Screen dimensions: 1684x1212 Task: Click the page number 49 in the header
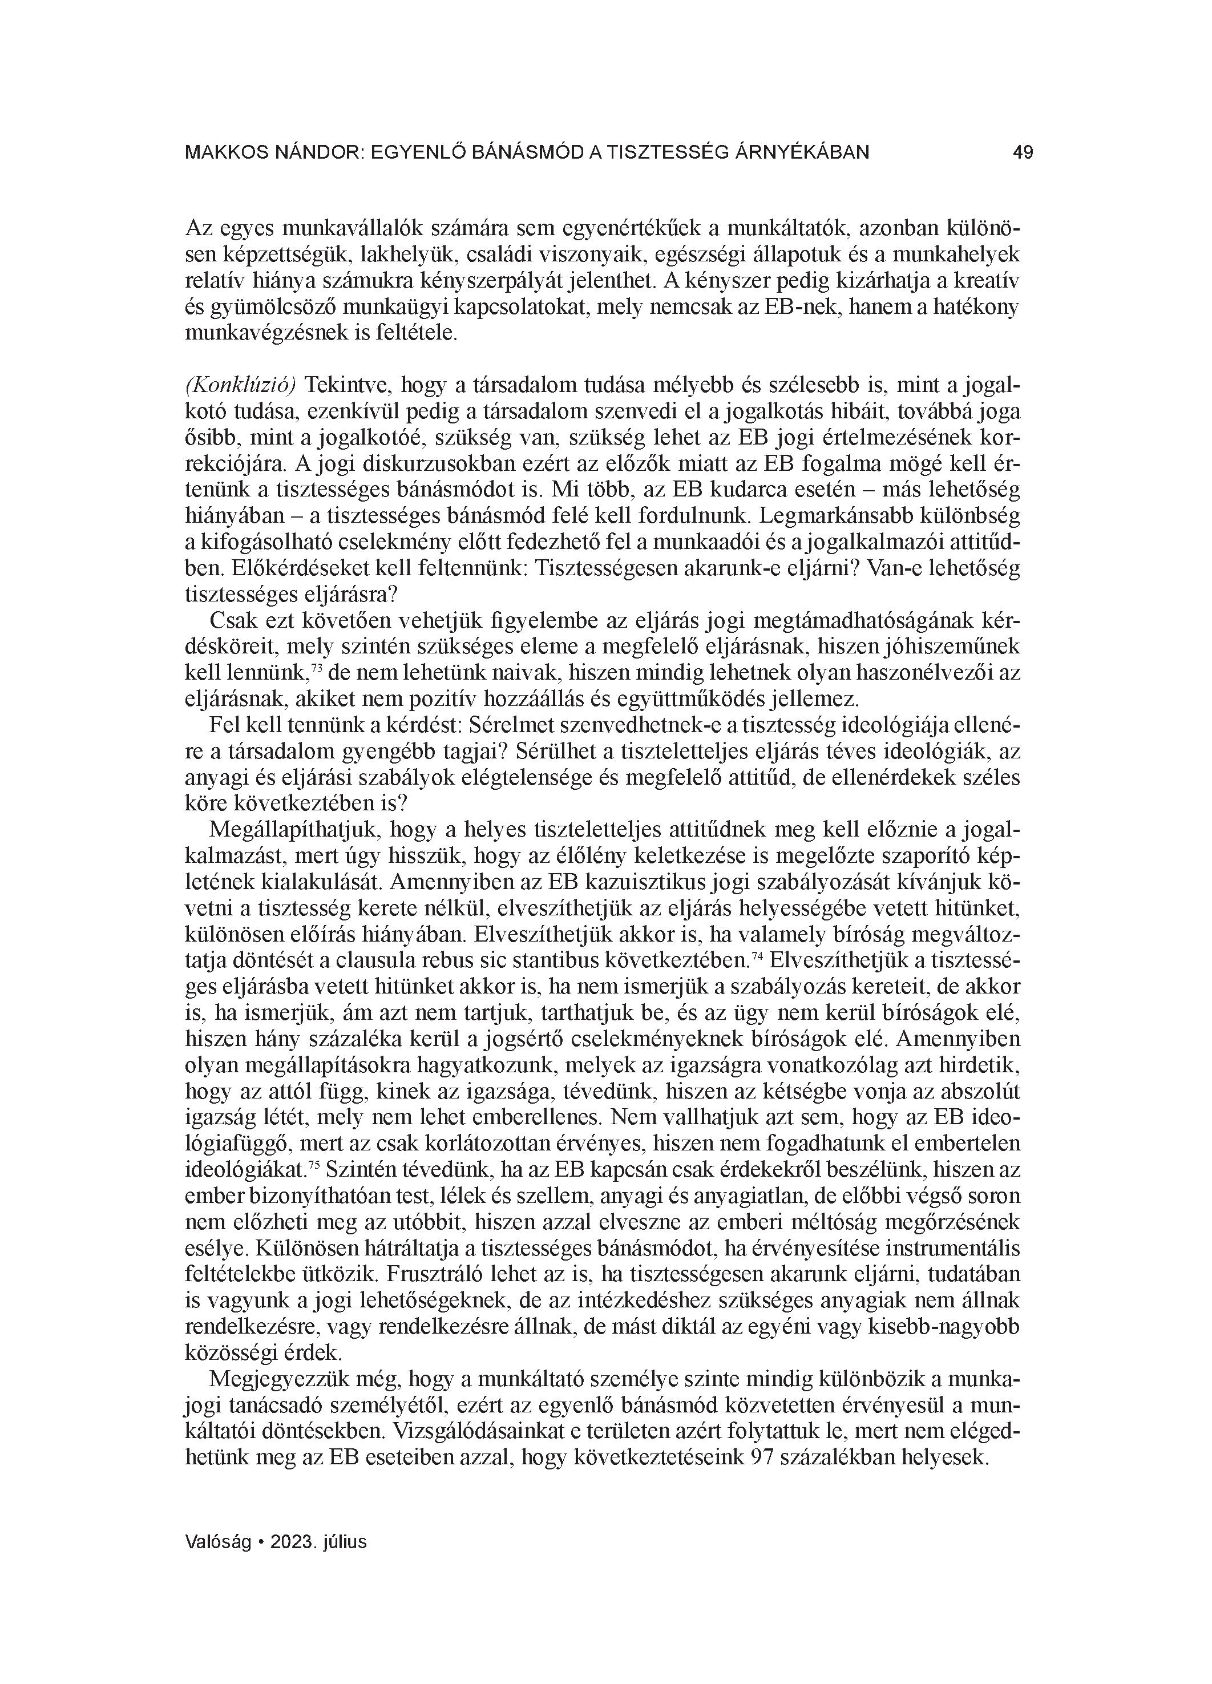[x=1023, y=153]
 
